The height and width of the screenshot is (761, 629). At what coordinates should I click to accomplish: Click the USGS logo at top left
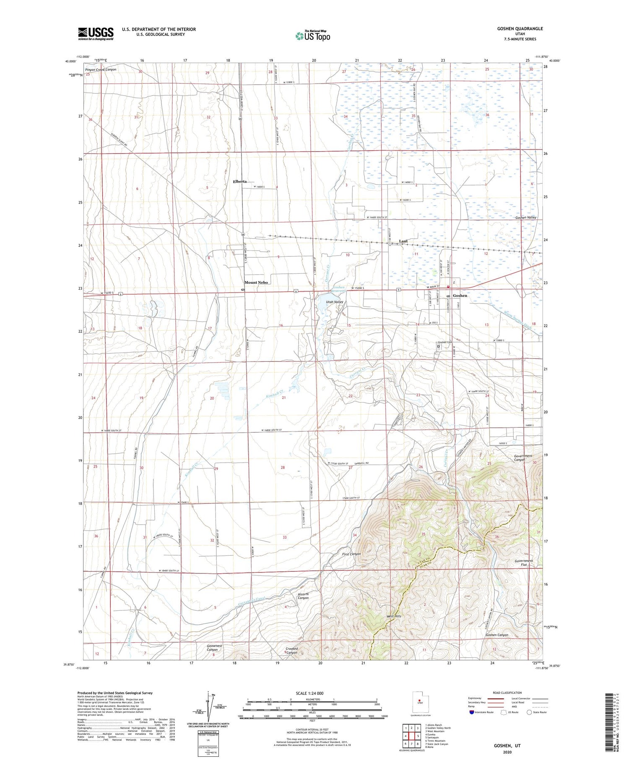96,34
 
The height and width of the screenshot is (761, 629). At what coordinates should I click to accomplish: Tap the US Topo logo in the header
312,36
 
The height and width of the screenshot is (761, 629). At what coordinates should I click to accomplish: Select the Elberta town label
240,181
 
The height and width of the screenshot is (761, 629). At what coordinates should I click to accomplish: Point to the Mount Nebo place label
256,282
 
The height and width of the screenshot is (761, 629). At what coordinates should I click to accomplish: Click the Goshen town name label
460,296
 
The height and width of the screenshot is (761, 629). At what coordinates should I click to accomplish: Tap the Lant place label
403,241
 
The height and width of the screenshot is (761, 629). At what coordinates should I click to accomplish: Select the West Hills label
394,616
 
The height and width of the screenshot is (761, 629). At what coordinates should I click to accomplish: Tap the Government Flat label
524,562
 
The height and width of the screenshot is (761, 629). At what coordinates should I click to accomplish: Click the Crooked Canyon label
291,651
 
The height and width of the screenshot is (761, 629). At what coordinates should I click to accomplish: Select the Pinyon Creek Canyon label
101,70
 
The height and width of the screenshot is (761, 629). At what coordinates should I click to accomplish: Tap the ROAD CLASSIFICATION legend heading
507,693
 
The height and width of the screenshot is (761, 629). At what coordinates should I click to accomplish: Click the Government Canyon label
523,458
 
